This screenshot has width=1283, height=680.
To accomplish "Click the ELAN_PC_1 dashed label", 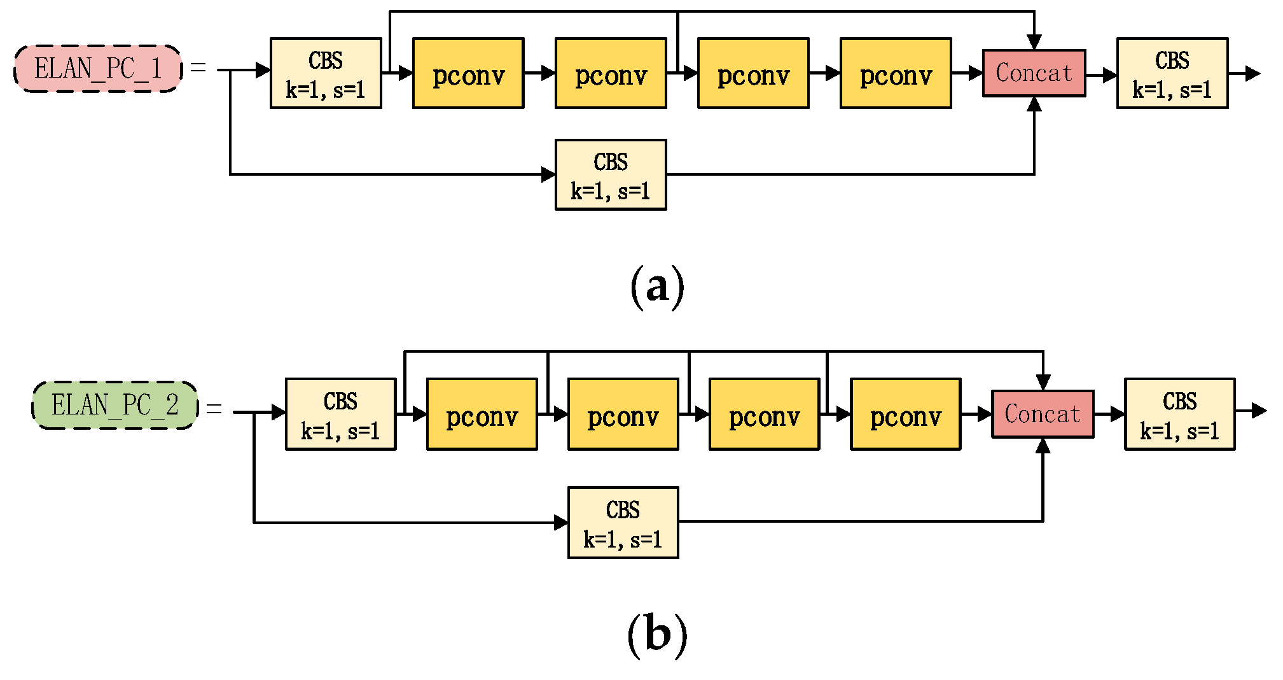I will (98, 69).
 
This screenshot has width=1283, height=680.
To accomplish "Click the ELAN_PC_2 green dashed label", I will (115, 406).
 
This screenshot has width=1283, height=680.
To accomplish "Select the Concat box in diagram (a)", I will (1034, 73).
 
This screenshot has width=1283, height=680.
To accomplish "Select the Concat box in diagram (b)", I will (1043, 414).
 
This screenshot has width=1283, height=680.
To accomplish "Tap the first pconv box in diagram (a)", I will (468, 73).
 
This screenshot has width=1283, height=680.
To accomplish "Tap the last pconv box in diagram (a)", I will (896, 73).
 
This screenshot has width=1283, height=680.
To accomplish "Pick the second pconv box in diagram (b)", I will (623, 414).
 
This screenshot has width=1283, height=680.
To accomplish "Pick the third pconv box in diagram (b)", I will (764, 414).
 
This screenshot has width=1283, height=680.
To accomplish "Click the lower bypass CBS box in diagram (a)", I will (611, 175).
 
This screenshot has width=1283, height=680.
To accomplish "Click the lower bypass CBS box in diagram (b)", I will (623, 523).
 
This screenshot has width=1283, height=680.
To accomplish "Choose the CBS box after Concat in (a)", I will (1172, 73).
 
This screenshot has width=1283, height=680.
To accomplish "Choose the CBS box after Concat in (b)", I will (1179, 414).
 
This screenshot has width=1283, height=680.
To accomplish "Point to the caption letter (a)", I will (657, 287).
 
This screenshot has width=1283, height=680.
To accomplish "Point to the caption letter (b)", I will (657, 634).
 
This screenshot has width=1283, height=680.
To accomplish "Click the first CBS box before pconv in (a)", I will (326, 73).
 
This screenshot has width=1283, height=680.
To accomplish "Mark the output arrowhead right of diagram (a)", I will (1252, 73).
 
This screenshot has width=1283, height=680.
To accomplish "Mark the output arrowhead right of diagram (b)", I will (1259, 411).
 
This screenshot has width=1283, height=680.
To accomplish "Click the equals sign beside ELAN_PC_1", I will (198, 67).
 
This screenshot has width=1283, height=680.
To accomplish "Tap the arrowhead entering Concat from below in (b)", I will (1043, 446).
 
